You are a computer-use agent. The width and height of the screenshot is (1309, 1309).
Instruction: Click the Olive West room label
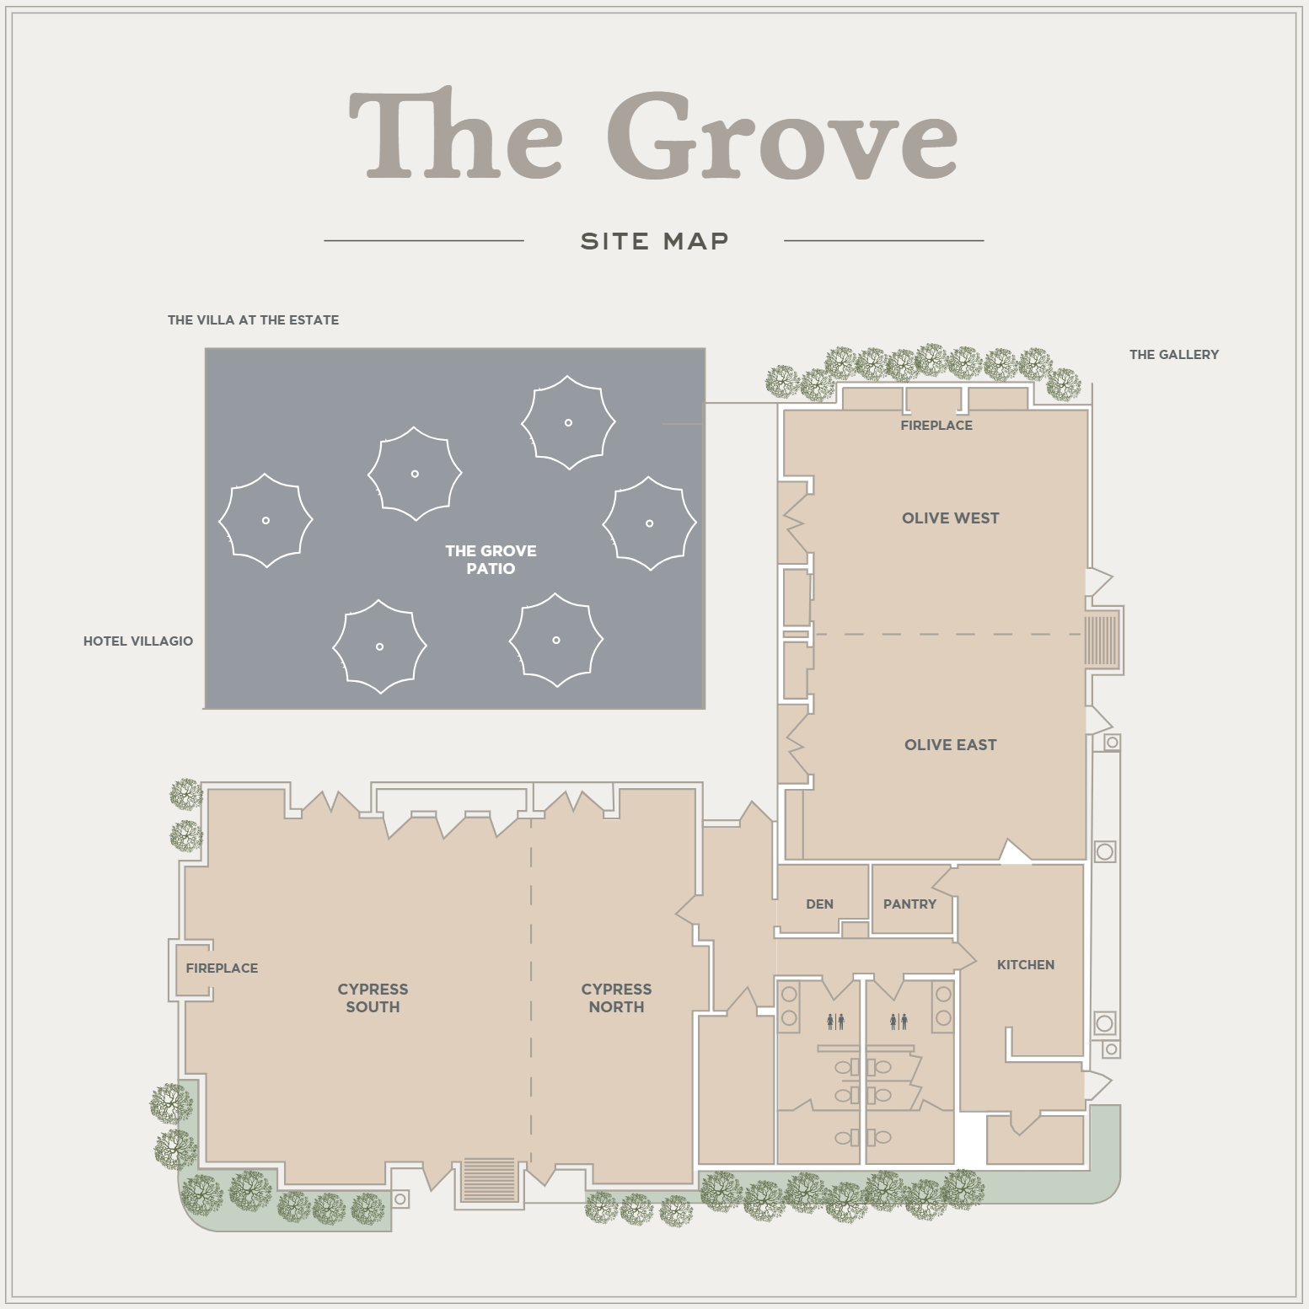pyautogui.click(x=950, y=518)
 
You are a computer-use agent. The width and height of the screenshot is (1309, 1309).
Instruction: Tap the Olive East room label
pyautogui.click(x=950, y=745)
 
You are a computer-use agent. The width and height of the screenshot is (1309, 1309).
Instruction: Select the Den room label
pyautogui.click(x=819, y=904)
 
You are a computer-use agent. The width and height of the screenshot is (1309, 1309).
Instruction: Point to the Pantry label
pyautogui.click(x=909, y=904)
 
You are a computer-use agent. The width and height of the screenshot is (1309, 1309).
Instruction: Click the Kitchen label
pyautogui.click(x=1026, y=965)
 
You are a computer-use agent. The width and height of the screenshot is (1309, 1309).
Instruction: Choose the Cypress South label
pyautogui.click(x=373, y=998)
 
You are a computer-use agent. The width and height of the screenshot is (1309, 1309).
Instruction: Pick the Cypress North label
pyautogui.click(x=616, y=998)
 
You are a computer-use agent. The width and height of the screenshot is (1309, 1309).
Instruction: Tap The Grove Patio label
pyautogui.click(x=491, y=560)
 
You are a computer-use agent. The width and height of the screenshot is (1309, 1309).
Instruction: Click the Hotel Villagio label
pyautogui.click(x=138, y=641)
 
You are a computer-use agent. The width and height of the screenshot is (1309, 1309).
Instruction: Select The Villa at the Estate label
pyautogui.click(x=253, y=320)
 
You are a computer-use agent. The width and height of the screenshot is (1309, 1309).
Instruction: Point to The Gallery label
pyautogui.click(x=1174, y=355)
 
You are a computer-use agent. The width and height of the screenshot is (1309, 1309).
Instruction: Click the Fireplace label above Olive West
pyautogui.click(x=936, y=426)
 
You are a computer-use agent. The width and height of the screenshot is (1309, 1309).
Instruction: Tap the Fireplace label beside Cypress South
pyautogui.click(x=222, y=968)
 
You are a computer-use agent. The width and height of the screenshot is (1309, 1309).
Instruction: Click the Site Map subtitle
pyautogui.click(x=655, y=241)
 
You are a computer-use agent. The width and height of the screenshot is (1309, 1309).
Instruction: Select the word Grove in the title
pyautogui.click(x=782, y=135)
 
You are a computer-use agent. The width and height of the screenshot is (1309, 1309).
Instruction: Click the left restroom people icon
pyautogui.click(x=835, y=1022)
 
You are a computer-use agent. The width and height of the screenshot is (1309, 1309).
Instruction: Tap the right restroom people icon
pyautogui.click(x=899, y=1022)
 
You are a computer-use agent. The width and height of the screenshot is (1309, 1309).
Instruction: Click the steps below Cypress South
pyautogui.click(x=490, y=1179)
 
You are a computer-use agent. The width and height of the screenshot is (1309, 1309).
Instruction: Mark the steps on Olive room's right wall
pyautogui.click(x=1100, y=641)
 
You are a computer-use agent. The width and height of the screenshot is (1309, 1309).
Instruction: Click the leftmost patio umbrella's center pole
pyautogui.click(x=266, y=521)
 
